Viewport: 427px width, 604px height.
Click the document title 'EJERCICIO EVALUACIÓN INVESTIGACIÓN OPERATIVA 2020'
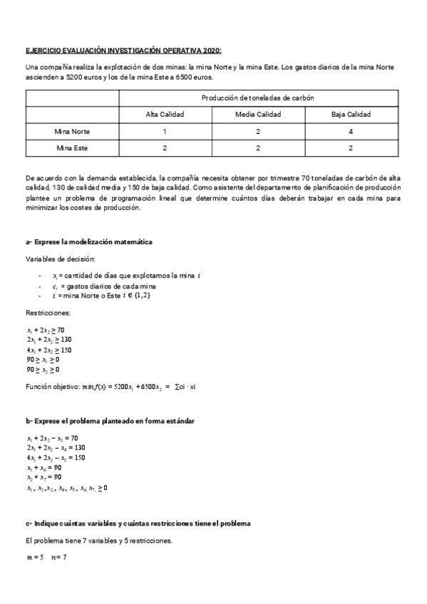123,51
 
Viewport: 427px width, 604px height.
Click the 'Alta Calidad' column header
165,114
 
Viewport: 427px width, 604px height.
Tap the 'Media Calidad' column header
258,114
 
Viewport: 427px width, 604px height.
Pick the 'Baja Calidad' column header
351,114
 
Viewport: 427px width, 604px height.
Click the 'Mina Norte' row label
72,131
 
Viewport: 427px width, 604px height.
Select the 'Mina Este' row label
72,148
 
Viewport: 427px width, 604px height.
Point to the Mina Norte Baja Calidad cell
351,131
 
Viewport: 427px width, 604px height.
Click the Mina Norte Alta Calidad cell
165,131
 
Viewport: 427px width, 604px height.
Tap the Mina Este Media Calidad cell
258,148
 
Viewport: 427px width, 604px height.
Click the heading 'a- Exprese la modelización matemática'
88,242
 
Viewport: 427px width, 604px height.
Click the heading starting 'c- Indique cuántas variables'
138,524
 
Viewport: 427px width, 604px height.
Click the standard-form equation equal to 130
53,447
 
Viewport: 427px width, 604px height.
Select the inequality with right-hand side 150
49,350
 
